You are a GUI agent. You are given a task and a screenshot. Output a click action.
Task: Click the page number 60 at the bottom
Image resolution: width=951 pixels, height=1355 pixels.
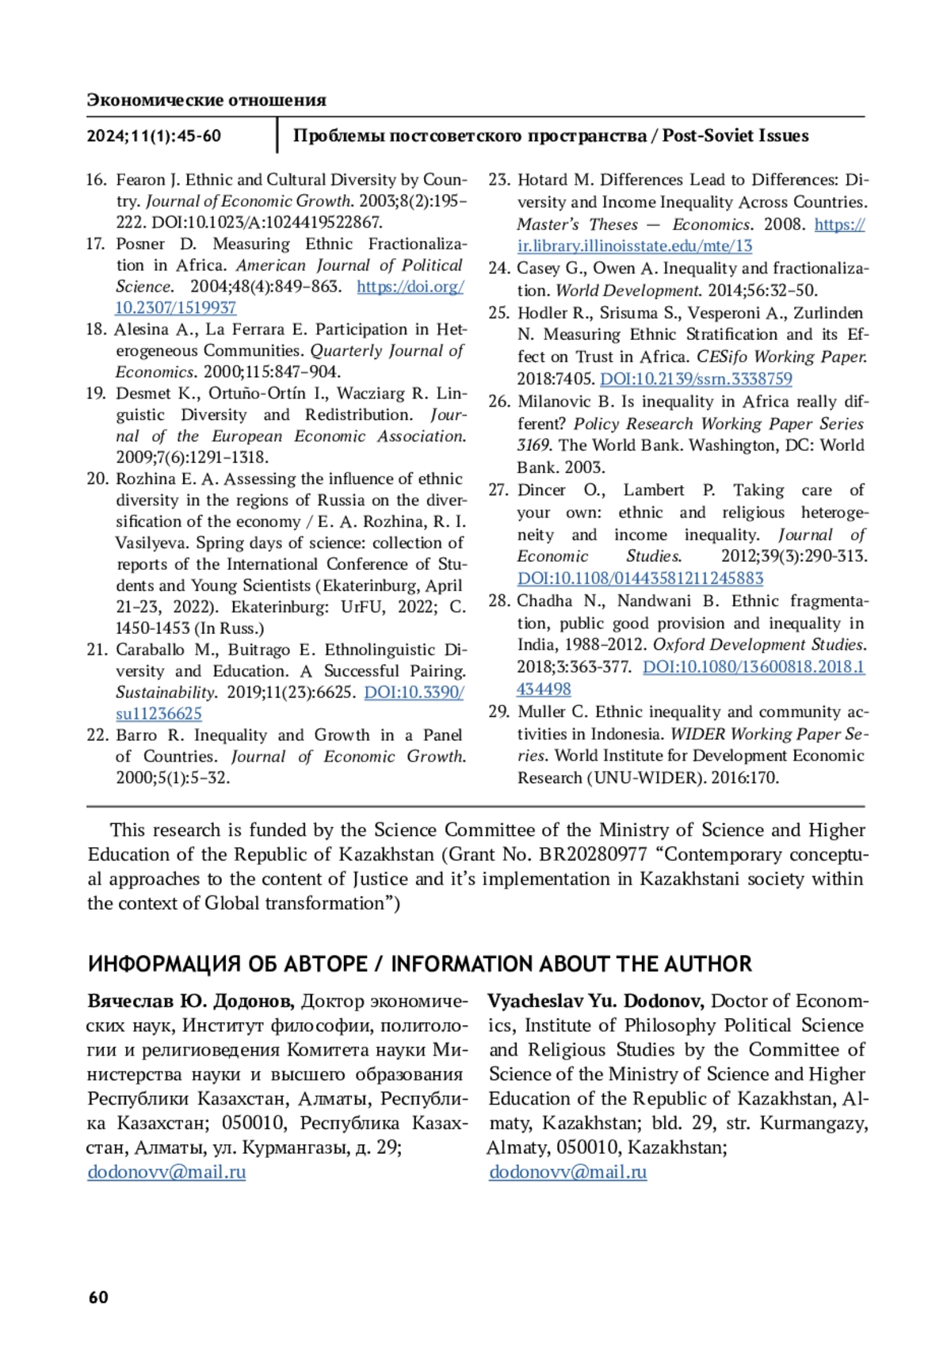tap(98, 1296)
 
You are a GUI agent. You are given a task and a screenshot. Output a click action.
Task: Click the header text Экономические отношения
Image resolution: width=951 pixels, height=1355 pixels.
tap(206, 100)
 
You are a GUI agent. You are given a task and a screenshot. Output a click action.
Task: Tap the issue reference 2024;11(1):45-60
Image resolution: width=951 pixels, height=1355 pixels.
tap(154, 135)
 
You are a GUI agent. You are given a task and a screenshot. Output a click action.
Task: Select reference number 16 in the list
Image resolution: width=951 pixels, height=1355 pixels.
tap(96, 180)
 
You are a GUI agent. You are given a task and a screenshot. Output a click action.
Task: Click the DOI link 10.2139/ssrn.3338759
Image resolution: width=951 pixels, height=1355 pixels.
tap(695, 379)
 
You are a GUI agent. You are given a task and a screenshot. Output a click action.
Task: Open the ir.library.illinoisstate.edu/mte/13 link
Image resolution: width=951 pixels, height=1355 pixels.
tap(635, 246)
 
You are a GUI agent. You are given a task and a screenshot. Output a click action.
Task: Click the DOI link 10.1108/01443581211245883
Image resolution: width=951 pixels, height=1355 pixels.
tap(640, 578)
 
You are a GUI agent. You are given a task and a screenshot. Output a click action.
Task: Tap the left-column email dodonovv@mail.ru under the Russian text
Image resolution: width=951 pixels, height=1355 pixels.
tap(166, 1171)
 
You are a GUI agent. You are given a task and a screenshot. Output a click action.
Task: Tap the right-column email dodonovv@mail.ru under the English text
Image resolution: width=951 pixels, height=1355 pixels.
tap(567, 1171)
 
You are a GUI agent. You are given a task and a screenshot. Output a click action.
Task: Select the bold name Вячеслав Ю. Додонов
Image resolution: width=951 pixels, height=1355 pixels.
tap(190, 1001)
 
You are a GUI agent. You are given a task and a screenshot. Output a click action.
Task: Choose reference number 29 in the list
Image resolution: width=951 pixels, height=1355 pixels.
tap(498, 712)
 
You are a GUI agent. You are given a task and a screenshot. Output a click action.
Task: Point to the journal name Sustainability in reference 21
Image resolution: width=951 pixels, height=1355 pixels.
tap(165, 692)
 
